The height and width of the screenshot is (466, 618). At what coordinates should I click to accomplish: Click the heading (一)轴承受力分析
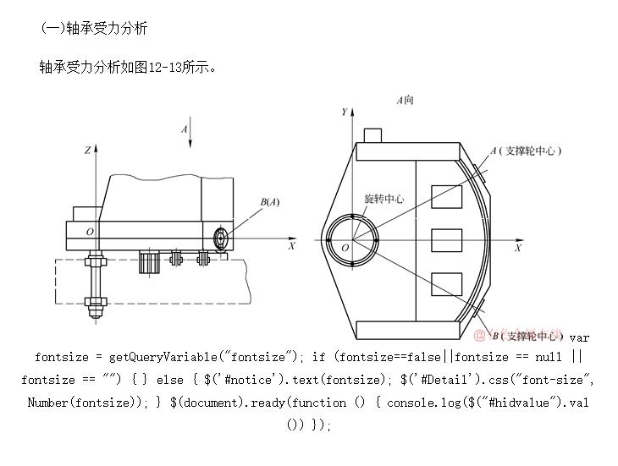tap(94, 28)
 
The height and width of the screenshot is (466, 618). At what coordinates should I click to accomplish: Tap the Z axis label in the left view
tap(87, 150)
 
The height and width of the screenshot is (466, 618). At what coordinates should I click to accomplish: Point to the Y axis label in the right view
tap(345, 112)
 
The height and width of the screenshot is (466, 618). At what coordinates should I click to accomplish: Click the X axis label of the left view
tap(292, 246)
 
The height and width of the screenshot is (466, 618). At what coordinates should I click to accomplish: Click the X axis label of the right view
tap(518, 249)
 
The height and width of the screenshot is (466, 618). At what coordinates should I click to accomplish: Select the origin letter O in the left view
tap(90, 231)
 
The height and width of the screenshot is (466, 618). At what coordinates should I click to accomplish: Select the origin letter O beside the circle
tap(345, 248)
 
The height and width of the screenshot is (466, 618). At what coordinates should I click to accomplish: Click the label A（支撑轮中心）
tap(525, 151)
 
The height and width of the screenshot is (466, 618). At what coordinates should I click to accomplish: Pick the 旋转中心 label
tap(383, 200)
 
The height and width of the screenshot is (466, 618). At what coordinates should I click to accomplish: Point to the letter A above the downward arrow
tap(184, 129)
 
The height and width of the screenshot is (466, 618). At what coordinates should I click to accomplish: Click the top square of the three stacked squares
tap(446, 195)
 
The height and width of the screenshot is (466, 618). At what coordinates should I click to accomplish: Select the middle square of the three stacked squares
tap(446, 240)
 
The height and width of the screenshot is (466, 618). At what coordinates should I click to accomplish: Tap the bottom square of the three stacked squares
tap(446, 284)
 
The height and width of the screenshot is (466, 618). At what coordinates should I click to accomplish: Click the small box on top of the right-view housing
tap(372, 135)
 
